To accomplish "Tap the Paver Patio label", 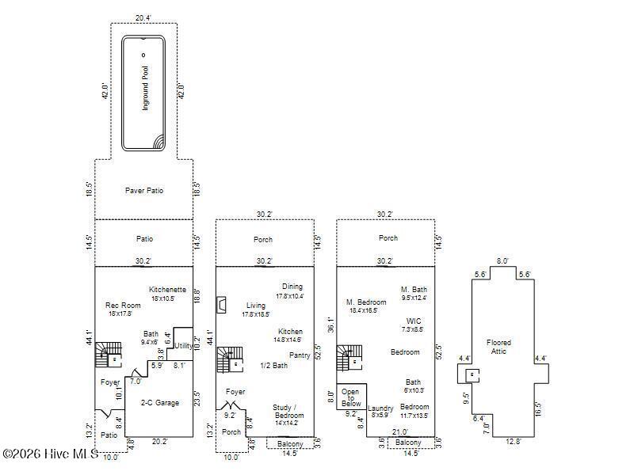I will point(144,190).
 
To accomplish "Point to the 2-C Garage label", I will point(159,402).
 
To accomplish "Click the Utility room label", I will point(183,346).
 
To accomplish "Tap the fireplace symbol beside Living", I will point(223,305).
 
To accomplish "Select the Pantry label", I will point(299,355).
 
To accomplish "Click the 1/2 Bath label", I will point(273,365).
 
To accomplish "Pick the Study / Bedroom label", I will point(288,411).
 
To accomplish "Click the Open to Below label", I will point(350,397).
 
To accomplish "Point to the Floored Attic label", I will point(498,347).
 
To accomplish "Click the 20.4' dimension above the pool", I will point(143,17).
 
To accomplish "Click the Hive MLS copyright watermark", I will point(50,454).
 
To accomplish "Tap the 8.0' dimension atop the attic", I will point(502,260).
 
